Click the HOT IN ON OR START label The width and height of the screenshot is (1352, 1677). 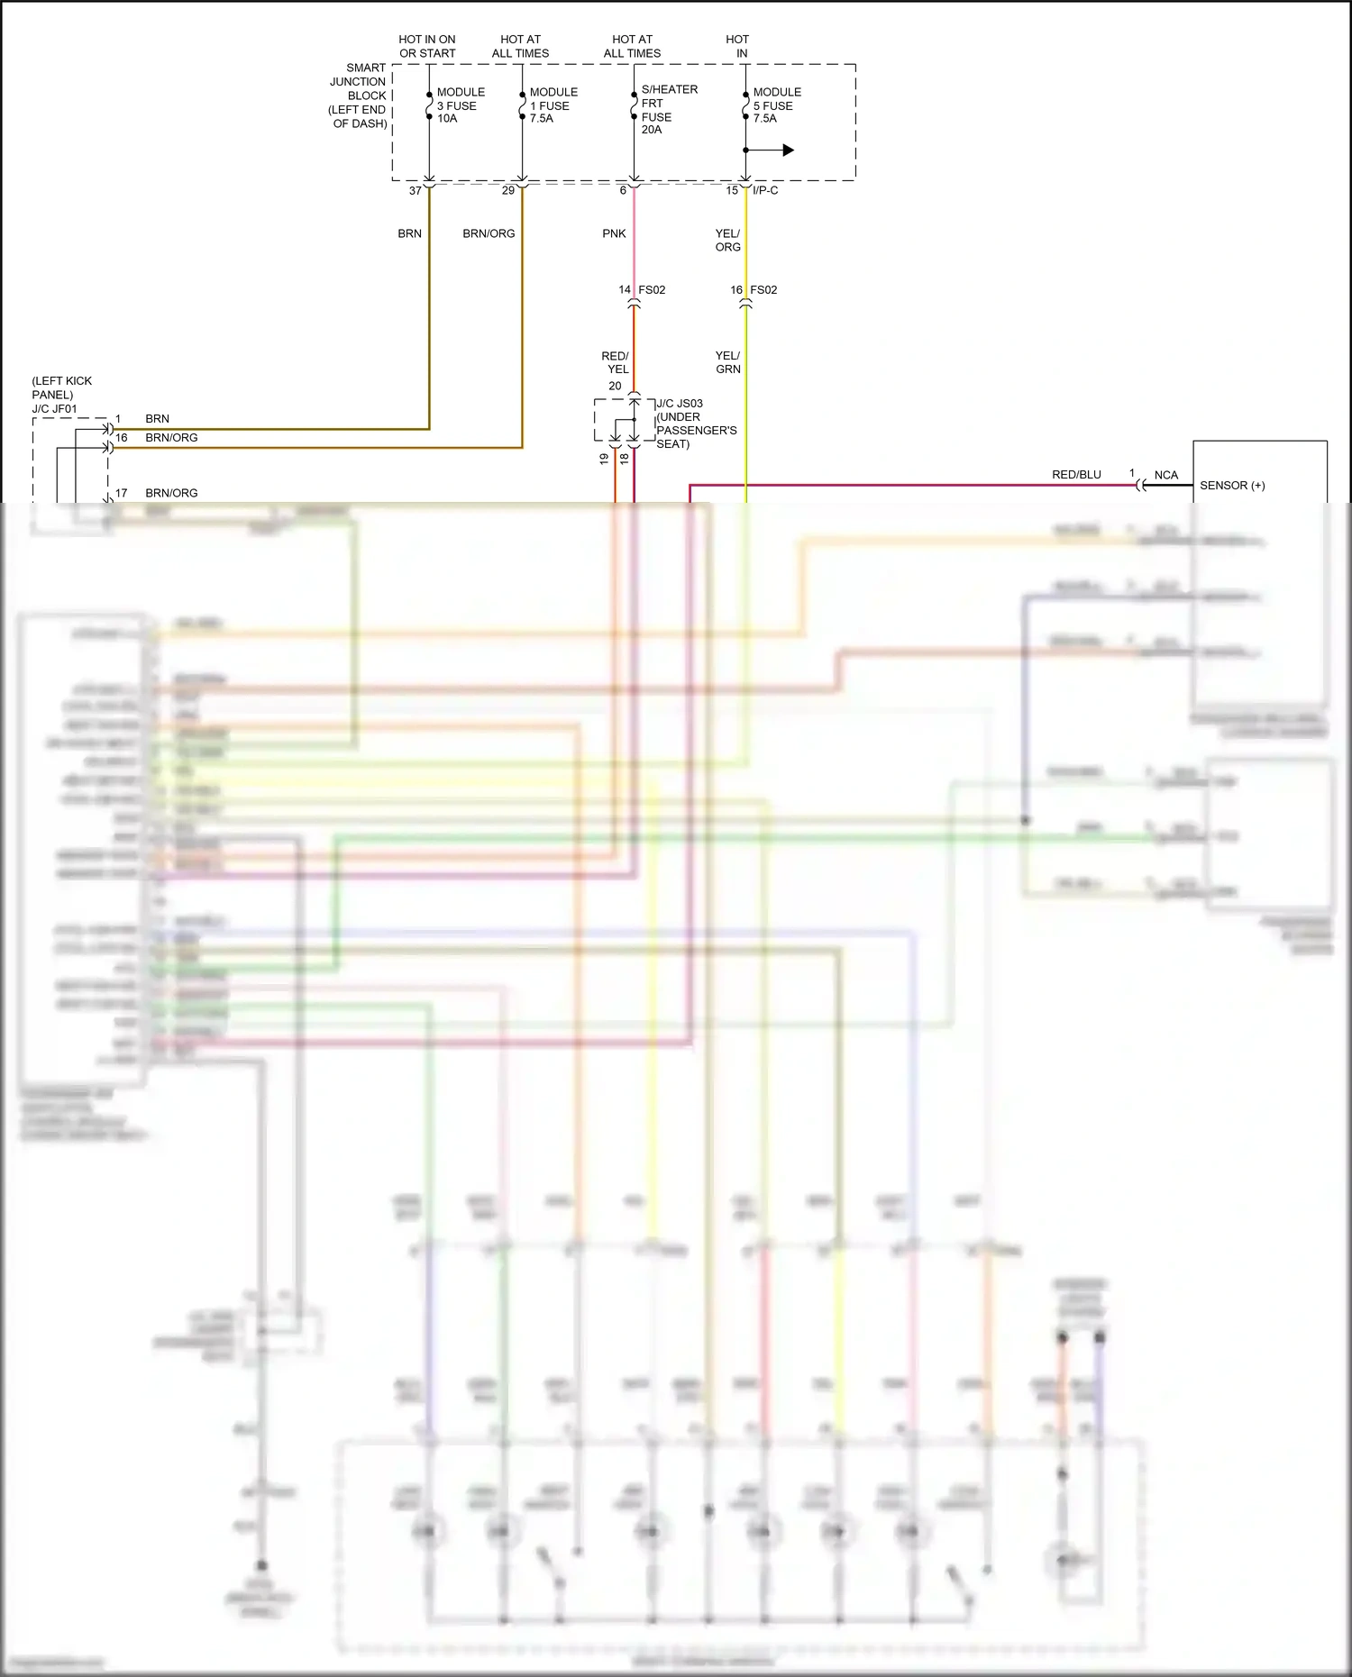click(427, 47)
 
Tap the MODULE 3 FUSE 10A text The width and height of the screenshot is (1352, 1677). click(460, 105)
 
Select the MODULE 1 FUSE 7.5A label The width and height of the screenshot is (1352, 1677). click(553, 105)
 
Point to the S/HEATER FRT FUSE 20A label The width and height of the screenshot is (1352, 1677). click(668, 109)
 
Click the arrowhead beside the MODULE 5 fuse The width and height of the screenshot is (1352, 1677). click(788, 150)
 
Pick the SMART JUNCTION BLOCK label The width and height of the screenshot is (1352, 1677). click(359, 96)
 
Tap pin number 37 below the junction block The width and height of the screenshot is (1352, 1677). click(416, 191)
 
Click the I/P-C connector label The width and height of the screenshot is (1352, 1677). click(765, 191)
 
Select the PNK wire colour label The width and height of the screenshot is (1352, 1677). click(614, 233)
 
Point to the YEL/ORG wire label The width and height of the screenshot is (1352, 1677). click(727, 240)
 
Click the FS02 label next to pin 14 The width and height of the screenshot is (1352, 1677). click(652, 290)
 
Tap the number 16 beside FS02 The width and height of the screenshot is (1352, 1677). click(736, 290)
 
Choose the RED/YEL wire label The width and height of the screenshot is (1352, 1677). click(616, 362)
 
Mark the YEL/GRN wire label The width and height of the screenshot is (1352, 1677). click(727, 362)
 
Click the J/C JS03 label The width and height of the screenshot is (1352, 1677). click(680, 404)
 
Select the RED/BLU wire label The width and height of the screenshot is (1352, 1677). click(1076, 475)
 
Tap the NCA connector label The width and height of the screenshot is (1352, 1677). click(1165, 475)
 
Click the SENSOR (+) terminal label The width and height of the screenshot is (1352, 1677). click(1232, 486)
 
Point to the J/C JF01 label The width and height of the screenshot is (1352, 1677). click(55, 409)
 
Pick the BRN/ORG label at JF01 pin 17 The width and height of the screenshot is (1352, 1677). click(171, 494)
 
